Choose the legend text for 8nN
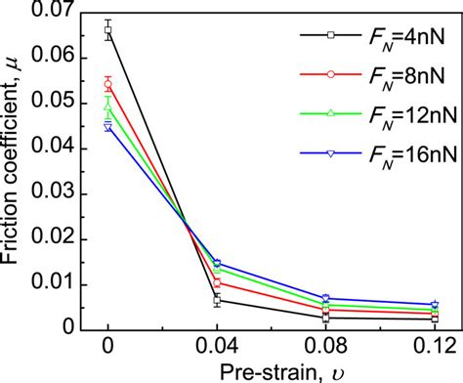tap(400, 74)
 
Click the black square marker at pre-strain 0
tap(107, 31)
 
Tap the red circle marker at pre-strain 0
tap(107, 84)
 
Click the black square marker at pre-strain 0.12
tap(435, 319)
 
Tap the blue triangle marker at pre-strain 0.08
tap(326, 298)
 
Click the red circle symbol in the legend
tap(331, 73)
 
